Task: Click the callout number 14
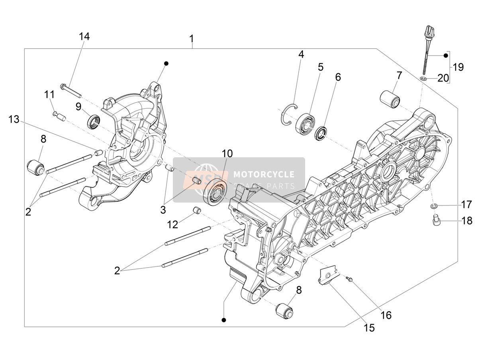tap(84, 37)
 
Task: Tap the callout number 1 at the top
tap(192, 39)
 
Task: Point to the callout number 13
tap(14, 119)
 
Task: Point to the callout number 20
tap(443, 78)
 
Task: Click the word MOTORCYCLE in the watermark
tap(264, 174)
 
